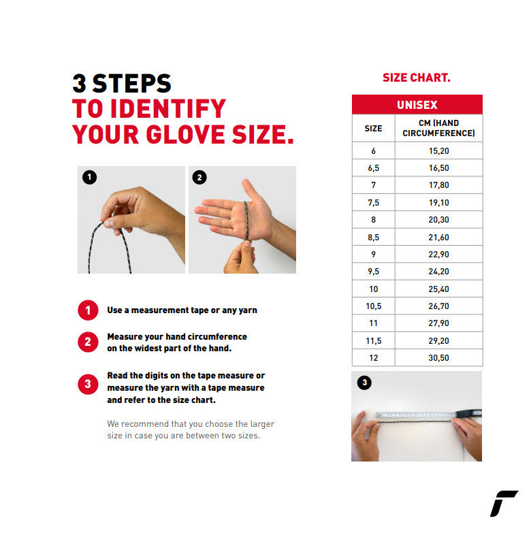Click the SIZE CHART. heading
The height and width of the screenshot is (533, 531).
coord(417,78)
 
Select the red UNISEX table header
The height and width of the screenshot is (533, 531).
coord(417,104)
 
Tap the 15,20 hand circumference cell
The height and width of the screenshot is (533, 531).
coord(438,150)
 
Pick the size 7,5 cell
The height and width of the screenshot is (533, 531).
coord(373,203)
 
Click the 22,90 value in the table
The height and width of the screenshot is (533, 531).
coord(438,255)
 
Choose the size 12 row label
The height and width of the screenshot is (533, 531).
coord(373,357)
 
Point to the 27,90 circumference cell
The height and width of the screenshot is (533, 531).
coord(438,323)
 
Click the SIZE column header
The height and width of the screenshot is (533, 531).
coord(373,128)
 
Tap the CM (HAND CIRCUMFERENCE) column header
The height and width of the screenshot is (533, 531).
coord(438,128)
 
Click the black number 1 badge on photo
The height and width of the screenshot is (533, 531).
coord(89,177)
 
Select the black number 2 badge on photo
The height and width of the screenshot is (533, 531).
coord(199,177)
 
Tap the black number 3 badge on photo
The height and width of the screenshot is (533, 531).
coord(364,383)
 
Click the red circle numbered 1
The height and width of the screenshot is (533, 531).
coord(88,310)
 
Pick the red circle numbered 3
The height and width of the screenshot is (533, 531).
coord(88,384)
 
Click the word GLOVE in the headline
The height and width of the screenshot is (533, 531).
coord(186,134)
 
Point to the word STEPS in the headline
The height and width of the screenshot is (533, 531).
coord(132,84)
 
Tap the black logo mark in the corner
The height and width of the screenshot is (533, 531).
coord(504,504)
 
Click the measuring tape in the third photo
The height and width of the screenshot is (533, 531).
coord(428,415)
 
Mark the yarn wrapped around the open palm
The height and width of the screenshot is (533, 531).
coord(246,221)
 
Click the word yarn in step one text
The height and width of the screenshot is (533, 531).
coord(248,310)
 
